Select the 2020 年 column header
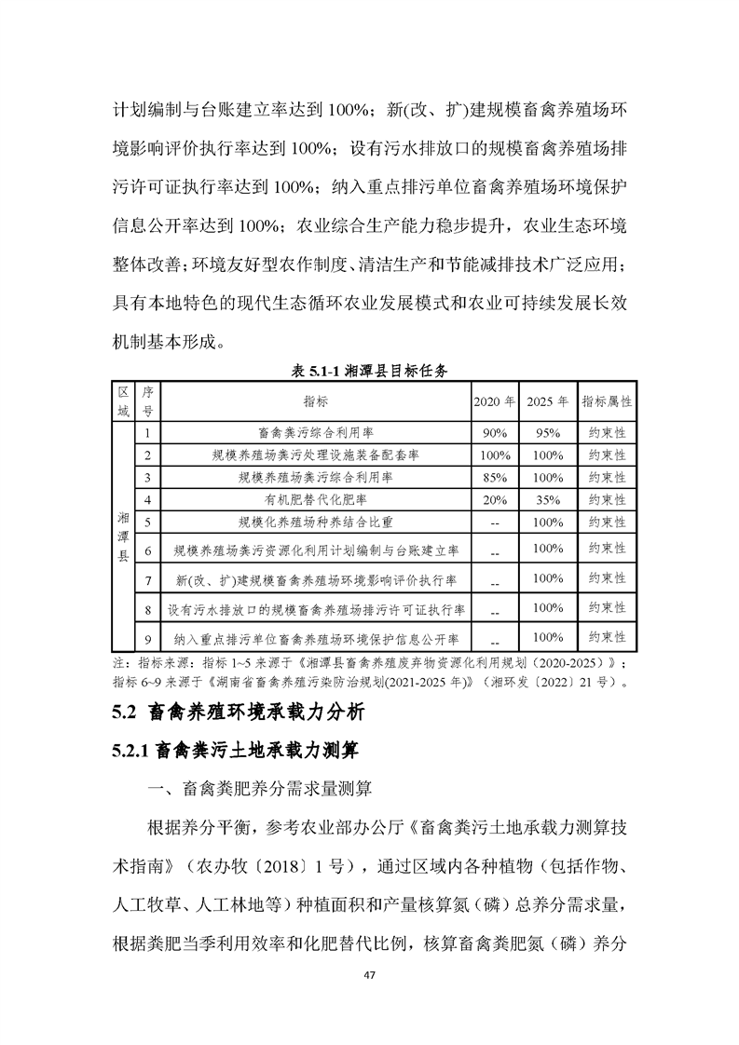point(493,401)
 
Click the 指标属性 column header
point(607,401)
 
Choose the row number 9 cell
point(148,639)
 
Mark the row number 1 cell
point(148,433)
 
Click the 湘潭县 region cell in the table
point(123,536)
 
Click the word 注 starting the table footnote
point(117,663)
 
